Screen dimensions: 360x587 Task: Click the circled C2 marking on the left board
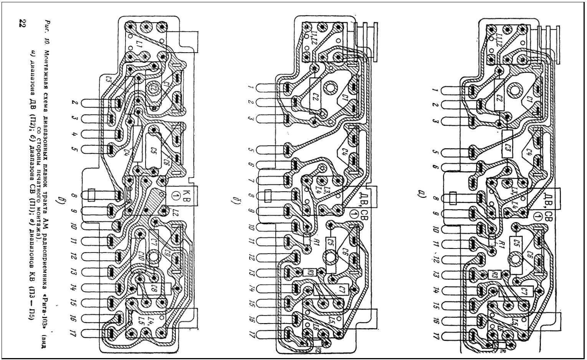(x=154, y=89)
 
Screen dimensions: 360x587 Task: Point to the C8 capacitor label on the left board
(x=155, y=289)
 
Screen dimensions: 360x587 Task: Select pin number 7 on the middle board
(x=251, y=181)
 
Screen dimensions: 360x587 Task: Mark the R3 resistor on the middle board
(x=309, y=272)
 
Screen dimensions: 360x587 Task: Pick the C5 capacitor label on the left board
(x=155, y=151)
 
